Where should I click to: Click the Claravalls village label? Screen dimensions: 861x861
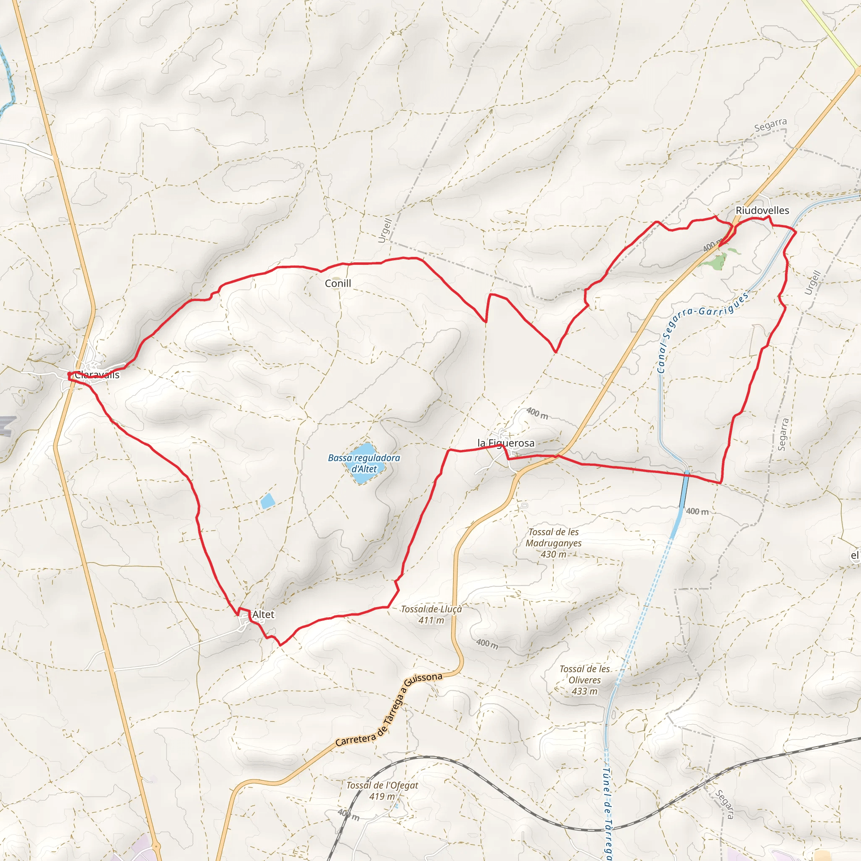(x=97, y=375)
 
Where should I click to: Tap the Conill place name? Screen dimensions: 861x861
(x=338, y=283)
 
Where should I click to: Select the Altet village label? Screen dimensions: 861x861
(x=263, y=615)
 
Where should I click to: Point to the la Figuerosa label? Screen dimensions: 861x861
(x=506, y=443)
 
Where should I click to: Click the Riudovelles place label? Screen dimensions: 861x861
(x=762, y=210)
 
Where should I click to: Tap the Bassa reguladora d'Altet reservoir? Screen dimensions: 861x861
(x=364, y=463)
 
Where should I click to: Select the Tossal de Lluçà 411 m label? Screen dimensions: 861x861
(x=431, y=615)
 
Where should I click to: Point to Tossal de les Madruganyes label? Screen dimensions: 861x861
(x=554, y=543)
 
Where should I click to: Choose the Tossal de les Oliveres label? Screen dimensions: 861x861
(x=585, y=680)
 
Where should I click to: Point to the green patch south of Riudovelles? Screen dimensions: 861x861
(x=716, y=259)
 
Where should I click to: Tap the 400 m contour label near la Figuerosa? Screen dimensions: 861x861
(x=537, y=413)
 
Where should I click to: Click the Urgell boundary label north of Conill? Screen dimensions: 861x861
(x=385, y=230)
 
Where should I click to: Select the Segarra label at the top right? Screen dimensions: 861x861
(x=771, y=125)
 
